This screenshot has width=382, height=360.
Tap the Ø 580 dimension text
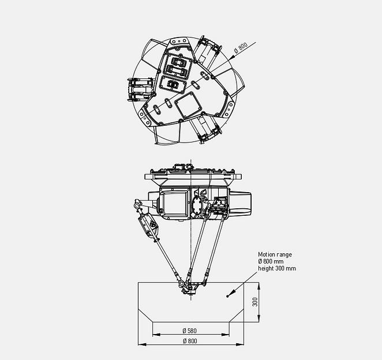click(190, 331)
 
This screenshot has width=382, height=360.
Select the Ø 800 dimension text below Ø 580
click(190, 341)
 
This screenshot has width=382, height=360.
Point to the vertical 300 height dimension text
click(254, 302)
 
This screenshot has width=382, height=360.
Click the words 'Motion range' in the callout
click(275, 254)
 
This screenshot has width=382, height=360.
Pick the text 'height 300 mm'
click(276, 268)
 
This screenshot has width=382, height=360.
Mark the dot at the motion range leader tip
click(227, 296)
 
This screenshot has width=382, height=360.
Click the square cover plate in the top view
click(186, 104)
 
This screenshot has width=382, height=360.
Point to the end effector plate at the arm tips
click(190, 284)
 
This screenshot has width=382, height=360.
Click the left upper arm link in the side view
click(149, 224)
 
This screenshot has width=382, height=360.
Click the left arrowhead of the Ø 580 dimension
click(154, 335)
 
